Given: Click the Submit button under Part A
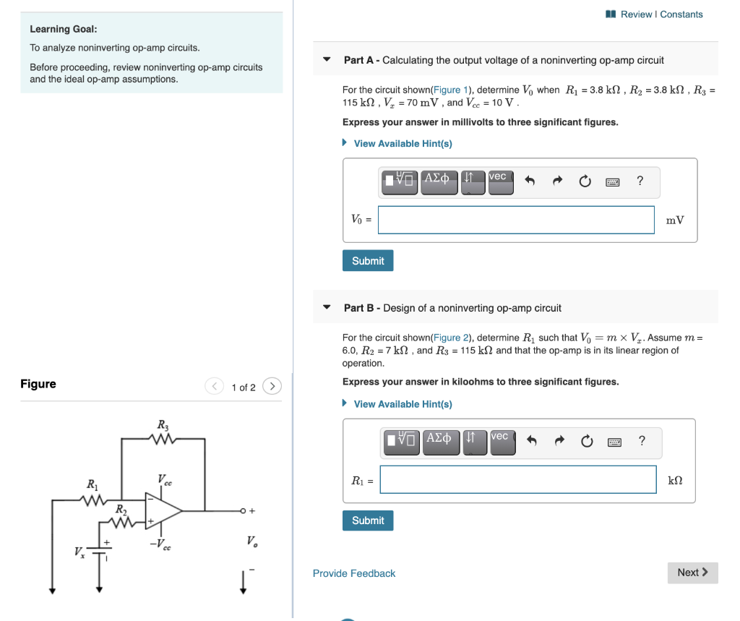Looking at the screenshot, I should point(367,261).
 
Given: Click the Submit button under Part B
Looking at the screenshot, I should point(367,521).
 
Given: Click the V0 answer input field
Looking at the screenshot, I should point(515,220).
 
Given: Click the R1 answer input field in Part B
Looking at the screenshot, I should point(517,480).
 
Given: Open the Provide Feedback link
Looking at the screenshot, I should point(353,573).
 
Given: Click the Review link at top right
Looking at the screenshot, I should point(635,14).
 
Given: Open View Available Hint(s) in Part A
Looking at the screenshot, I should point(403,144).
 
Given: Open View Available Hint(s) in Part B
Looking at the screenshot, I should point(403,404).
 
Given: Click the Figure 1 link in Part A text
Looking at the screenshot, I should point(447,90).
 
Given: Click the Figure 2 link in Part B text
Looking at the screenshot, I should point(447,338).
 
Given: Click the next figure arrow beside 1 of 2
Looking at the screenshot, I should point(272,387).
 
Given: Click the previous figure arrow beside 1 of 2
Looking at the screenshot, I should point(215,387).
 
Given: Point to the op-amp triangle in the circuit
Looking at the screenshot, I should point(161,510).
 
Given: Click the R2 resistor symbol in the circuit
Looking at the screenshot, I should point(123,521).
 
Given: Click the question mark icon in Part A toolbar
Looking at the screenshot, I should point(640,181).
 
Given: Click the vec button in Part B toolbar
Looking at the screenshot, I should point(502,441).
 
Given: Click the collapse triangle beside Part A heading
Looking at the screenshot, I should point(327,60).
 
